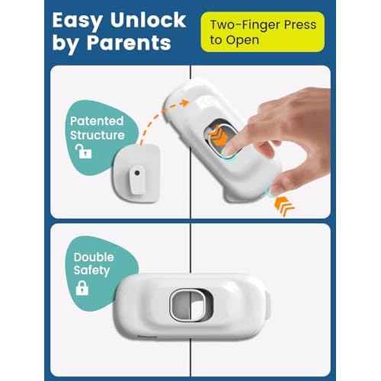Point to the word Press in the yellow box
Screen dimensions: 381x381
coord(299,24)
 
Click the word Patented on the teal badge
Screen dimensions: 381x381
coord(97,121)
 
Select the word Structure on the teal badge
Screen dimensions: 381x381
coord(97,135)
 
